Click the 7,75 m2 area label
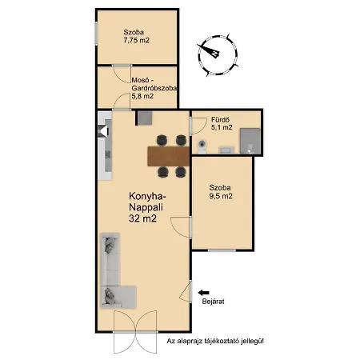pyautogui.click(x=136, y=41)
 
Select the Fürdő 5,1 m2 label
pyautogui.click(x=222, y=123)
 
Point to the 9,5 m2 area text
pyautogui.click(x=221, y=196)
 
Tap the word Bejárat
pyautogui.click(x=213, y=302)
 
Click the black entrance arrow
pyautogui.click(x=203, y=293)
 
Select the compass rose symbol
pyautogui.click(x=218, y=55)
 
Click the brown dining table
pyautogui.click(x=169, y=156)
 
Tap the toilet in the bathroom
pyautogui.click(x=202, y=146)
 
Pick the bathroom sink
pyautogui.click(x=226, y=150)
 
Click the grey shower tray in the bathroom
pyautogui.click(x=250, y=141)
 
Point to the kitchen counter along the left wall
pyautogui.click(x=105, y=146)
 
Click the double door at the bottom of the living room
pyautogui.click(x=135, y=332)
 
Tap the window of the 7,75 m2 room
pyautogui.click(x=96, y=34)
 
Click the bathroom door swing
pyautogui.click(x=198, y=126)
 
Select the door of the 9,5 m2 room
pyautogui.click(x=182, y=227)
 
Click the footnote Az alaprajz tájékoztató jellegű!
pyautogui.click(x=215, y=341)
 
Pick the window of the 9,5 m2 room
pyautogui.click(x=222, y=250)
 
